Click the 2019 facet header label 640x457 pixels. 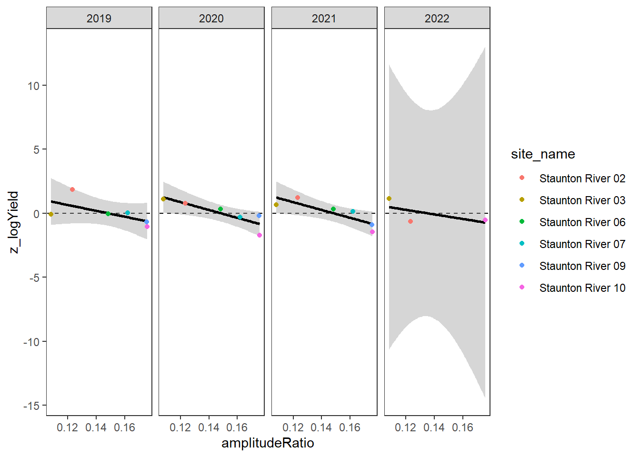pyautogui.click(x=99, y=19)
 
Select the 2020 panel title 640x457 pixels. pyautogui.click(x=211, y=19)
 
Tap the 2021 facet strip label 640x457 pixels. pyautogui.click(x=324, y=19)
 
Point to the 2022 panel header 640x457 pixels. pyautogui.click(x=437, y=19)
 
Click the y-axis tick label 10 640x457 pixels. pyautogui.click(x=33, y=86)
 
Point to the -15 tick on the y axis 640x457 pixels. pyautogui.click(x=31, y=406)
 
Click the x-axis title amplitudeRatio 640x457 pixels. pyautogui.click(x=268, y=443)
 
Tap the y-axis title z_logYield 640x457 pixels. pyautogui.click(x=14, y=222)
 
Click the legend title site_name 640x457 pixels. pyautogui.click(x=543, y=154)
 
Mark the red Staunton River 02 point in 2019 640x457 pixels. pyautogui.click(x=72, y=189)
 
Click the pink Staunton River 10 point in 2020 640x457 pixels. pyautogui.click(x=260, y=235)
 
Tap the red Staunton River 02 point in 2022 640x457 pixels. pyautogui.click(x=410, y=221)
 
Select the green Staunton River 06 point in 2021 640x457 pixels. pyautogui.click(x=333, y=209)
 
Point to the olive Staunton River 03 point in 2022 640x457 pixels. pyautogui.click(x=389, y=199)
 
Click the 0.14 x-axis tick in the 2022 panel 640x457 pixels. pyautogui.click(x=434, y=427)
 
